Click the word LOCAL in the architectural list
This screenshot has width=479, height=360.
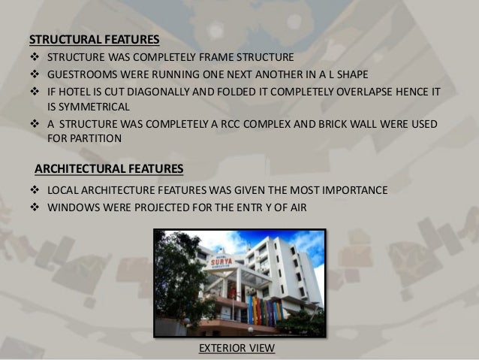62,189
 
